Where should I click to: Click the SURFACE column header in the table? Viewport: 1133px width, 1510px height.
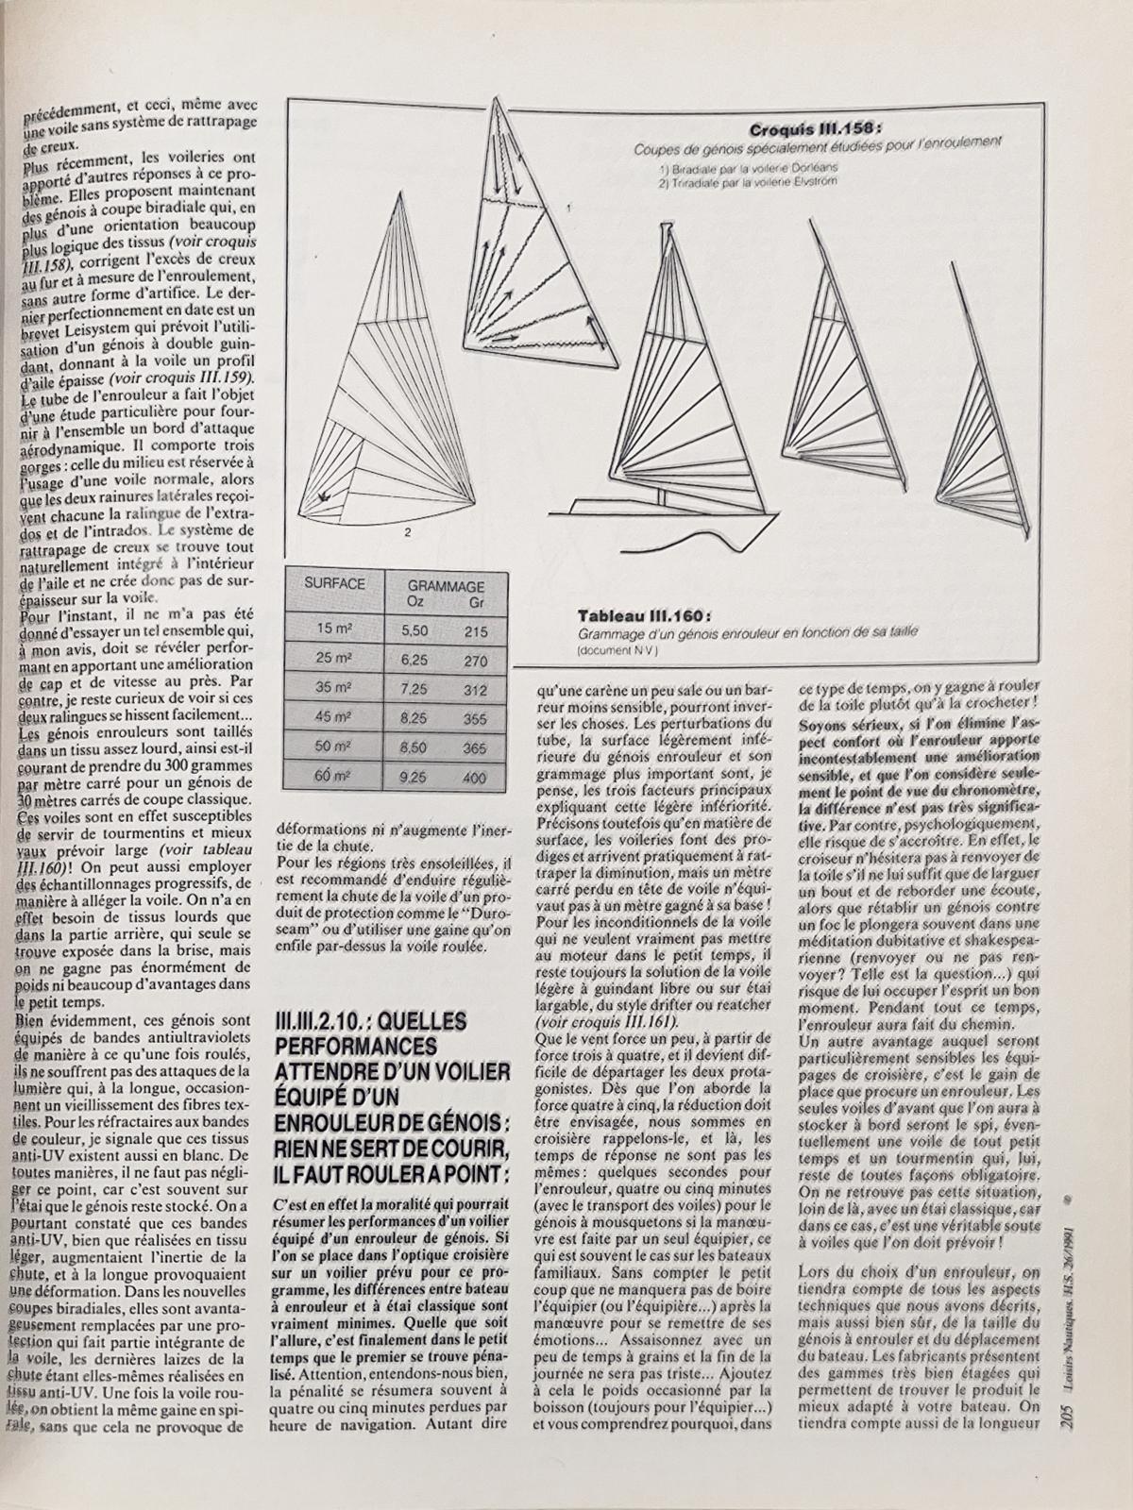pos(334,584)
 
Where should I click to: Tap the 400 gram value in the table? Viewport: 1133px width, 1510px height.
pos(475,778)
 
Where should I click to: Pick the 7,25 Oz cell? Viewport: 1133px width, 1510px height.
pos(414,690)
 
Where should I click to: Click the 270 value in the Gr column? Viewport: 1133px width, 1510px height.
pos(476,662)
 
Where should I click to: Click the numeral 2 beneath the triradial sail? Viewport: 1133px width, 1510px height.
pos(407,533)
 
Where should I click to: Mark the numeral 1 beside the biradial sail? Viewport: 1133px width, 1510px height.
pos(568,207)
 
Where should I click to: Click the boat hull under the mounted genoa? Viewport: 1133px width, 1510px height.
pos(661,514)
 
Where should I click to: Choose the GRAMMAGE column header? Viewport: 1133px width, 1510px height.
pos(447,585)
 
